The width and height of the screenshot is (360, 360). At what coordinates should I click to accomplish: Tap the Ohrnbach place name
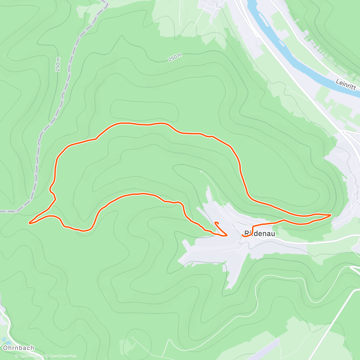(18, 348)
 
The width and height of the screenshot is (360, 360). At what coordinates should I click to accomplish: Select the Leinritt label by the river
(346, 84)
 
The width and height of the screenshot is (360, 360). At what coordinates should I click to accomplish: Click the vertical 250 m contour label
(58, 64)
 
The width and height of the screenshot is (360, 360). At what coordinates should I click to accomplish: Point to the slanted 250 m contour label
(175, 57)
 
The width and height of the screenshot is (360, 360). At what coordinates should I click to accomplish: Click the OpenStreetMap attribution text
(63, 356)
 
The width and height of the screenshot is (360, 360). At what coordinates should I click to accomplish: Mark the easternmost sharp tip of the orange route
(331, 215)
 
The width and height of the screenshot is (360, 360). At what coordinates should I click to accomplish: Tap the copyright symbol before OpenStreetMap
(47, 356)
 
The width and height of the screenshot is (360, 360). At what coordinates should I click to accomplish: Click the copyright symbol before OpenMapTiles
(17, 356)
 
